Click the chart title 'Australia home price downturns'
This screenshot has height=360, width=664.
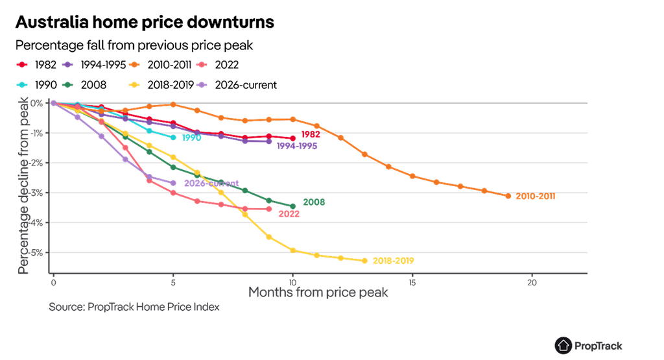pos(145,22)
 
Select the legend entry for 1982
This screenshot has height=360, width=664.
pos(36,65)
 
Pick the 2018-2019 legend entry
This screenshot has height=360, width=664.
pos(161,85)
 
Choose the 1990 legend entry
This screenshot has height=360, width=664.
pos(36,85)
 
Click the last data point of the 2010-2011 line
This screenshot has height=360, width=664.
pos(508,196)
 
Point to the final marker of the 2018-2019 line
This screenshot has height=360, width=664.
pos(364,261)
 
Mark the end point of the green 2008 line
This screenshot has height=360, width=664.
pos(292,207)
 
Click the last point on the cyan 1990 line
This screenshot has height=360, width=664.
pos(173,138)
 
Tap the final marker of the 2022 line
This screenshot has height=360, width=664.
pos(269,210)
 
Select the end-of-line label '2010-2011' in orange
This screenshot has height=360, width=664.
pos(535,196)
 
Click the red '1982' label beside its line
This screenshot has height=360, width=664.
pos(311,134)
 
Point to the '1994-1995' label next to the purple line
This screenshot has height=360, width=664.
pos(297,146)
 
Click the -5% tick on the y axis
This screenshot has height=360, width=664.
pos(37,253)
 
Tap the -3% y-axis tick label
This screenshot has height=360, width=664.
pos(37,193)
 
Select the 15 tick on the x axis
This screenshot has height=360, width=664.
pos(412,283)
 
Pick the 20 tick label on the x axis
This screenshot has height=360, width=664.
pos(532,283)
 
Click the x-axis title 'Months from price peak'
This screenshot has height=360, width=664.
pos(318,293)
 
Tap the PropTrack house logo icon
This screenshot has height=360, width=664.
pos(563,346)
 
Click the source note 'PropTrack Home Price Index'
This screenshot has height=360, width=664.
pos(153,307)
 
